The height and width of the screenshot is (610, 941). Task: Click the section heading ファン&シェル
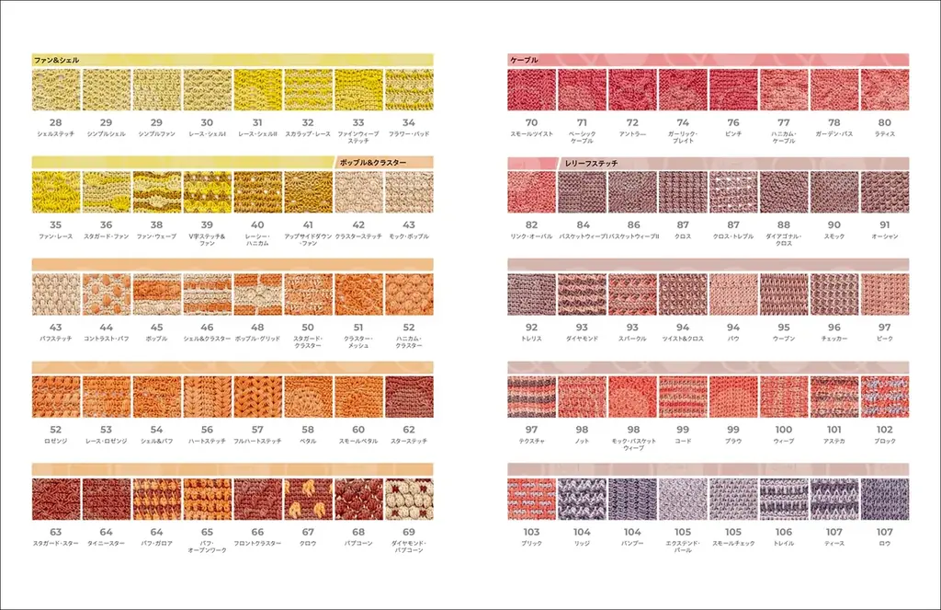pos(56,60)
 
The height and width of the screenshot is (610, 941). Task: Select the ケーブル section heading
pos(524,60)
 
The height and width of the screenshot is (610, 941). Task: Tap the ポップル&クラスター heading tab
pos(373,163)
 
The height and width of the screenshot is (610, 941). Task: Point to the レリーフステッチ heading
pos(590,163)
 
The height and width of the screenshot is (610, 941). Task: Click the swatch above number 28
pos(56,90)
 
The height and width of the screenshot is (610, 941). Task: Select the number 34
pos(408,122)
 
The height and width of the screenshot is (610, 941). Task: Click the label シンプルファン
pos(156,134)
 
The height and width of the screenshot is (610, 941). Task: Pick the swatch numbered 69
pos(408,499)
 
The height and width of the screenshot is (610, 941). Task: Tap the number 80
pos(884,122)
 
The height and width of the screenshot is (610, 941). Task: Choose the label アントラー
pos(632,134)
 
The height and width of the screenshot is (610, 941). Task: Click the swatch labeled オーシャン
pos(884,192)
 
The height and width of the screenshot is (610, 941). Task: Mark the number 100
pos(783,430)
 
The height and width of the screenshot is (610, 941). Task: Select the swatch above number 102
pos(884,397)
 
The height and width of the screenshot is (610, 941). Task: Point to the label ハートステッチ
pos(207,442)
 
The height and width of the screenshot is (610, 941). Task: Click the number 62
pos(408,430)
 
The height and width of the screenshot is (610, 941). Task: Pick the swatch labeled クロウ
pos(308,499)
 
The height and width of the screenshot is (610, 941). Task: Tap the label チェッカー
pos(833,339)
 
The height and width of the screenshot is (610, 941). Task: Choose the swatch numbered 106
pos(783,499)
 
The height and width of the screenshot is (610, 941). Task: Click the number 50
pos(308,328)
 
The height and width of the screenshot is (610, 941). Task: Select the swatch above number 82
pos(531,192)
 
